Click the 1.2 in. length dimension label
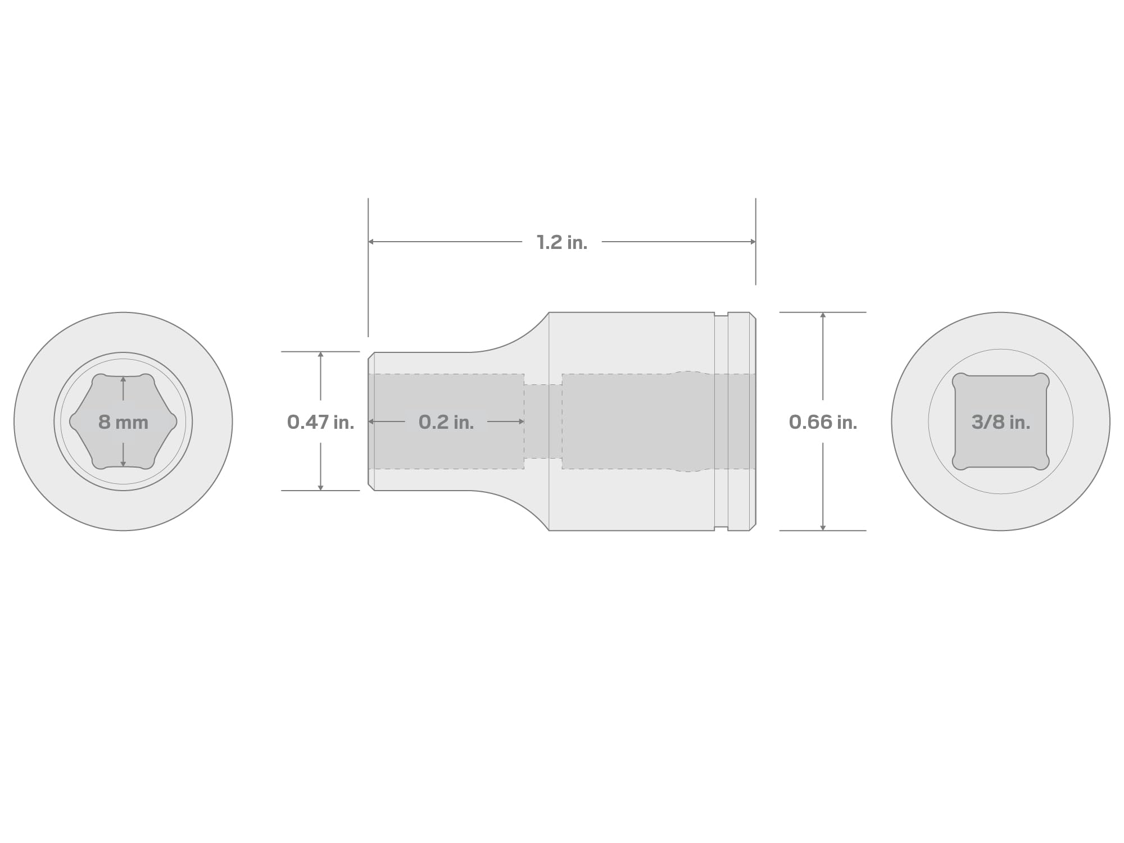pyautogui.click(x=562, y=242)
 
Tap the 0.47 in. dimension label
pyautogui.click(x=320, y=422)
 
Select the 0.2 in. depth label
pyautogui.click(x=446, y=422)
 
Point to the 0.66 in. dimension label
pyautogui.click(x=823, y=422)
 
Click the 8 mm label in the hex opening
pyautogui.click(x=123, y=422)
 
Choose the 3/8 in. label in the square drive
pyautogui.click(x=1001, y=422)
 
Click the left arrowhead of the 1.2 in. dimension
pyautogui.click(x=371, y=242)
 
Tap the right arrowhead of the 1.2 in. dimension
pyautogui.click(x=753, y=242)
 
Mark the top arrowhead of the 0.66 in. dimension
pyautogui.click(x=823, y=315)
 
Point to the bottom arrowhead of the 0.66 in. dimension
pyautogui.click(x=823, y=527)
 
